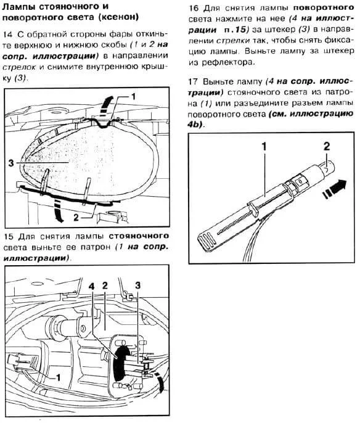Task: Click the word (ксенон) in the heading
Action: (118, 17)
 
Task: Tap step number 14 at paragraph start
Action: (7, 35)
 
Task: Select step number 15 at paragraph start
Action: (8, 237)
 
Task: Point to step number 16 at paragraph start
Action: (194, 7)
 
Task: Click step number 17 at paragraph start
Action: (193, 81)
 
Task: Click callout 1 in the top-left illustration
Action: (133, 97)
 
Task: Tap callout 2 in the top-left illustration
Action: (76, 217)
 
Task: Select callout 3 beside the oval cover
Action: (10, 163)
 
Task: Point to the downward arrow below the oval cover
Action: (58, 212)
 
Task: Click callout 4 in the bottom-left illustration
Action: (92, 287)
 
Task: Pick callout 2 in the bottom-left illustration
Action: (105, 285)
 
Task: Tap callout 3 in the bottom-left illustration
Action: (138, 285)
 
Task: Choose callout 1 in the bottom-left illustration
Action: (58, 377)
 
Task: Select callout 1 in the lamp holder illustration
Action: (264, 147)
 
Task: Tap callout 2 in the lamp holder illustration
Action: (327, 147)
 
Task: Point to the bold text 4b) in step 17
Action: (196, 125)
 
